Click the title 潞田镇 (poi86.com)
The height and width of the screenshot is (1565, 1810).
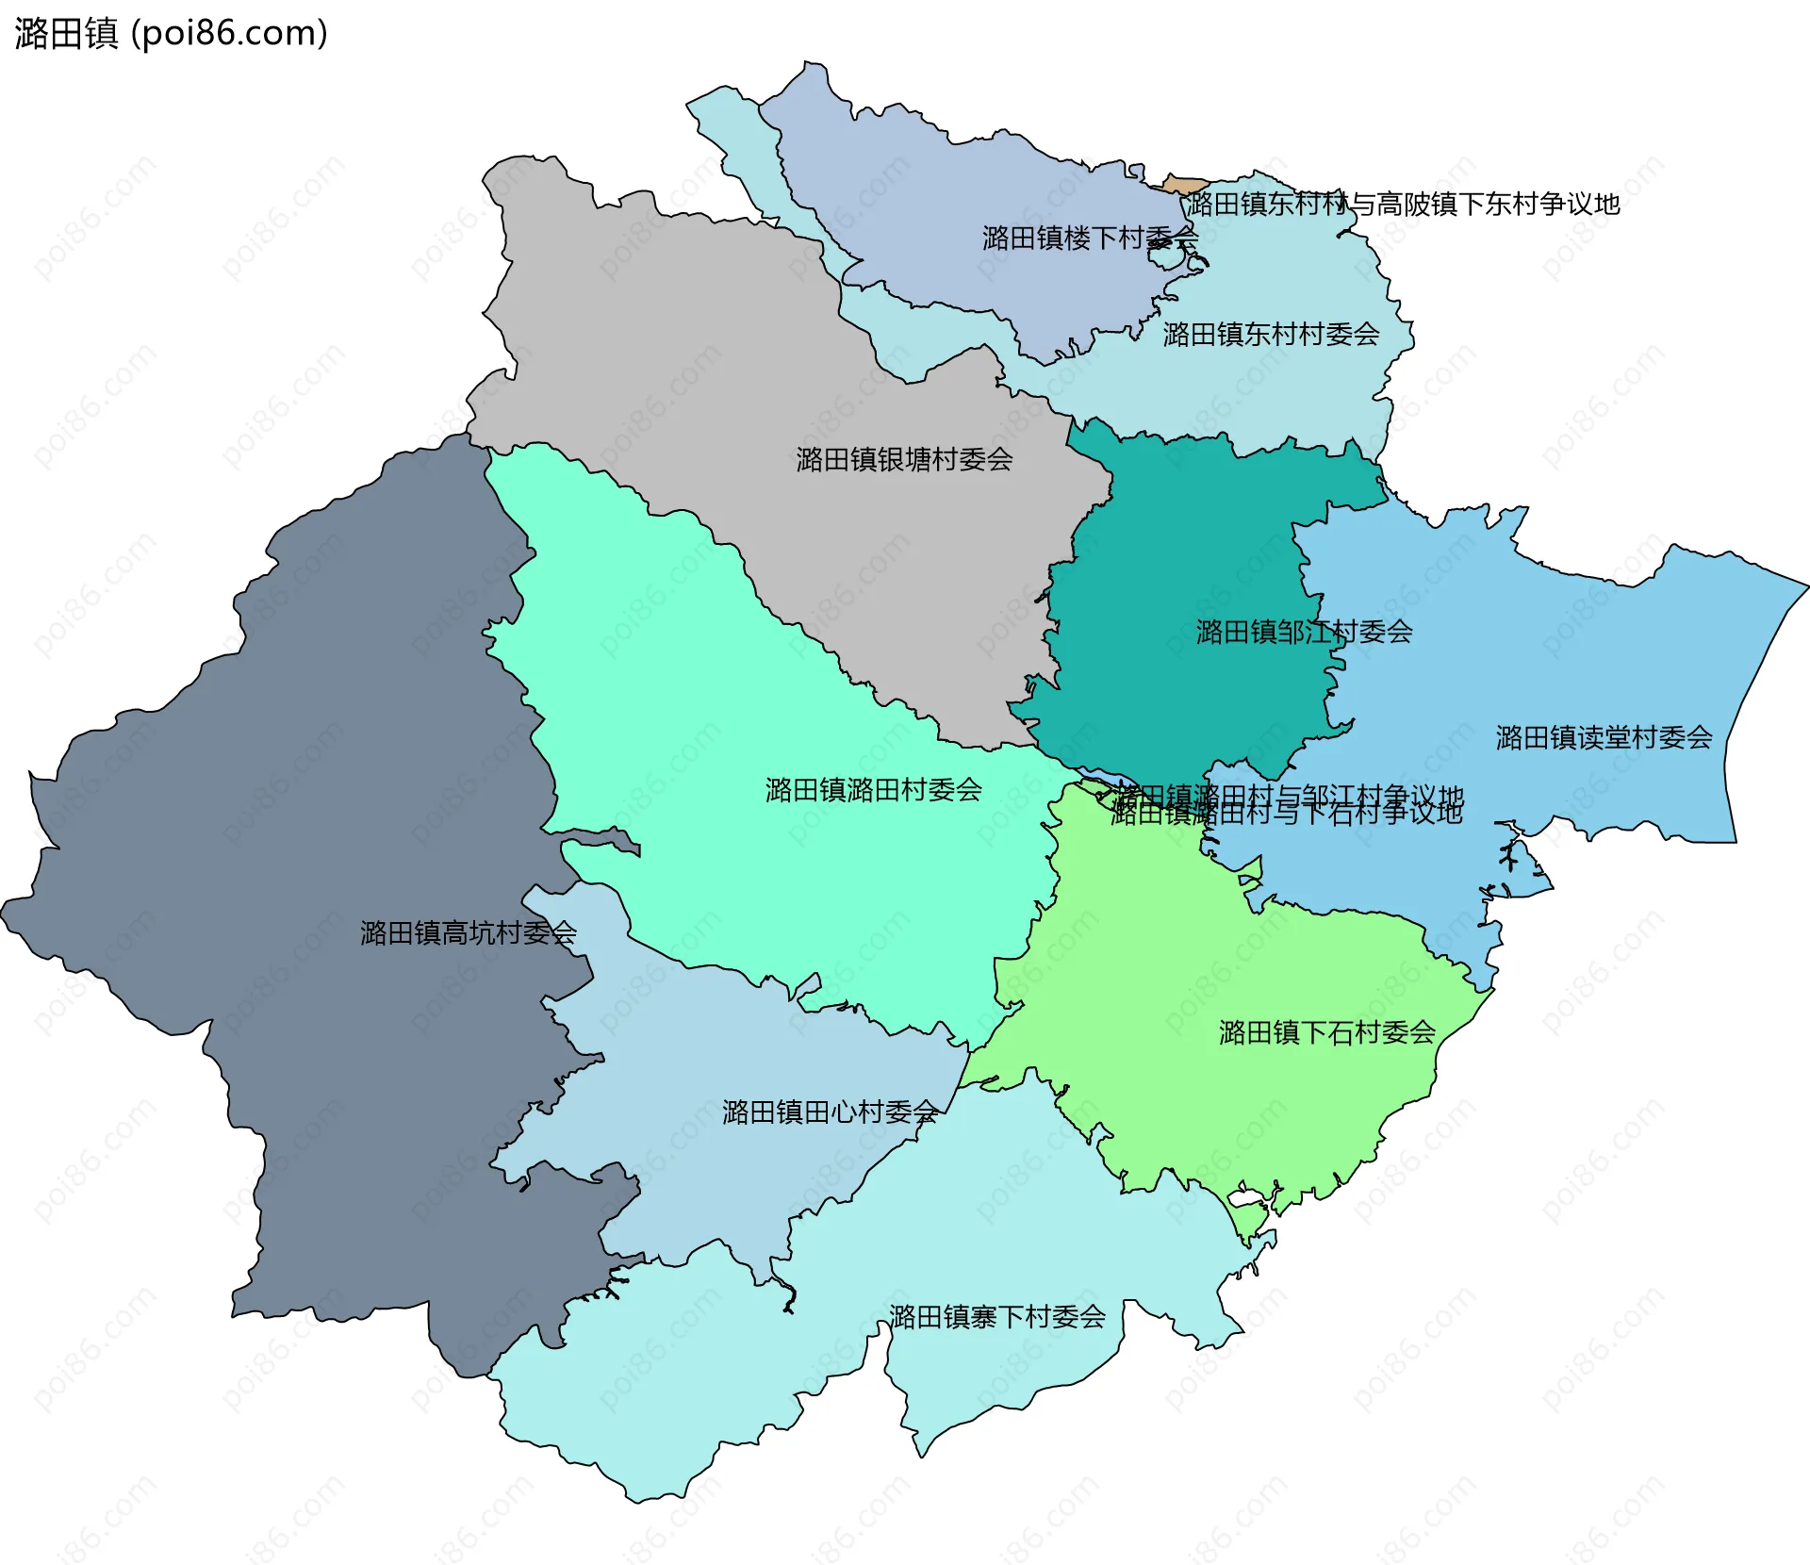(x=171, y=33)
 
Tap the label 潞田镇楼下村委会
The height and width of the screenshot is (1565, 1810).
(x=1089, y=238)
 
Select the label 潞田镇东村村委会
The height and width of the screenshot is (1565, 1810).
(x=1270, y=334)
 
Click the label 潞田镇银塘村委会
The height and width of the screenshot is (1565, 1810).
(x=903, y=459)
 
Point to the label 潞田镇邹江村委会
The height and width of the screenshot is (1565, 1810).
(x=1303, y=632)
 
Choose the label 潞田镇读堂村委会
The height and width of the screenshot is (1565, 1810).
(x=1603, y=737)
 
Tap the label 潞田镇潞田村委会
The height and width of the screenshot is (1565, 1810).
(x=873, y=789)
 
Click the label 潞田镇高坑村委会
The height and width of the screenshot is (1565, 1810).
(x=468, y=932)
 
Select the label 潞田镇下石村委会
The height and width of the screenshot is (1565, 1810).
(x=1326, y=1032)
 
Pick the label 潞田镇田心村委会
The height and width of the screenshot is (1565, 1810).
(x=830, y=1112)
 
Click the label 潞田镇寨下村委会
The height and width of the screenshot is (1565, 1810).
(x=996, y=1316)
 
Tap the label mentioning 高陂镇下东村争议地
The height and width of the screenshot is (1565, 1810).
(x=1403, y=204)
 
